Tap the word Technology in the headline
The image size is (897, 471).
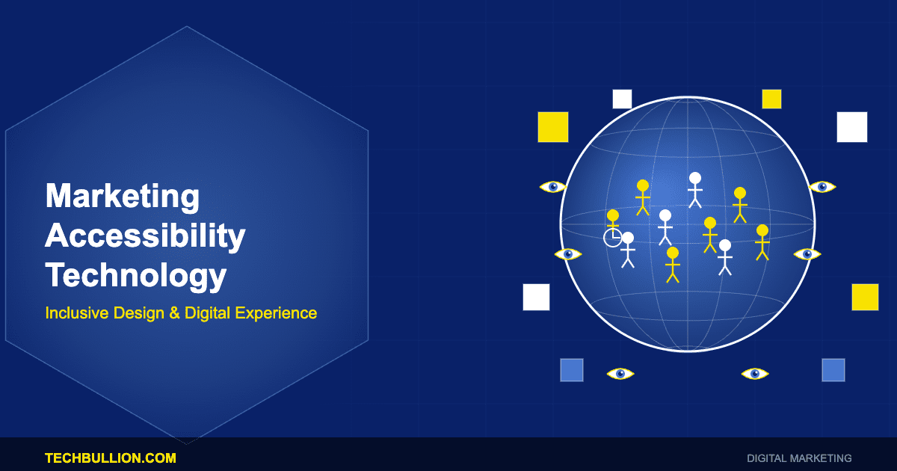click(x=136, y=276)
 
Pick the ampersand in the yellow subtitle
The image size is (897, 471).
click(x=175, y=313)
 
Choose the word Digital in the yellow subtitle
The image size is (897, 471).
click(x=207, y=313)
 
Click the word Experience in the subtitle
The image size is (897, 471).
click(x=276, y=313)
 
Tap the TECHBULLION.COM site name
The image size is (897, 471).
click(x=111, y=458)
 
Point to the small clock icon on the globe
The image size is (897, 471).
click(x=612, y=238)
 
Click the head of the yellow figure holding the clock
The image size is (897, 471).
click(x=613, y=215)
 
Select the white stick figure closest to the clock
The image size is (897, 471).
click(x=628, y=250)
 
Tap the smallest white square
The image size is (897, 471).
click(x=622, y=99)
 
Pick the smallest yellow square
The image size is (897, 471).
click(x=771, y=99)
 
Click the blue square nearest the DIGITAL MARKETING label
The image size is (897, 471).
click(x=833, y=370)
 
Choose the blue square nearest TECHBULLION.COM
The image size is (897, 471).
click(x=572, y=370)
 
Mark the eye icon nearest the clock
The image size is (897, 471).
click(x=568, y=254)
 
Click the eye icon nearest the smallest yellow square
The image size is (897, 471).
click(x=822, y=187)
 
